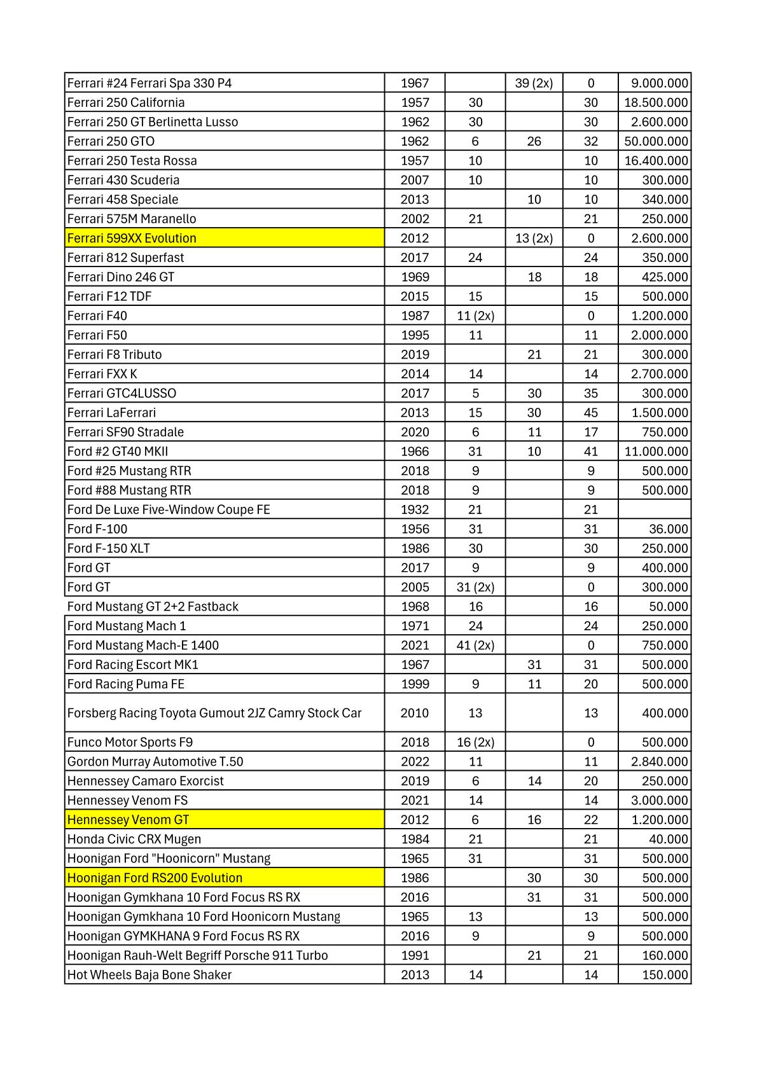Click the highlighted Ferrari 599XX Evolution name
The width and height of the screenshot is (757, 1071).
pyautogui.click(x=132, y=238)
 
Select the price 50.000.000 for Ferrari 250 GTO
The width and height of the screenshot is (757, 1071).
pyautogui.click(x=656, y=141)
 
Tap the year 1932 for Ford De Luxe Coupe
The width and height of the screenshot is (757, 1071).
pyautogui.click(x=415, y=509)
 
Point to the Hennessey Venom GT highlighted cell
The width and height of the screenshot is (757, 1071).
pyautogui.click(x=128, y=820)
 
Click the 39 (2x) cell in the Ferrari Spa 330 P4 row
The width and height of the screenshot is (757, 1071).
pyautogui.click(x=534, y=83)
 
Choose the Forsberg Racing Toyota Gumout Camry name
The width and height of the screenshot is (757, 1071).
pyautogui.click(x=214, y=713)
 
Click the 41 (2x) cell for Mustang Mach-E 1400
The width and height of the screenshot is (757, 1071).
pyautogui.click(x=475, y=646)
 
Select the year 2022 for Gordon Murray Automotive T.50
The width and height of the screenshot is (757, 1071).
pyautogui.click(x=415, y=762)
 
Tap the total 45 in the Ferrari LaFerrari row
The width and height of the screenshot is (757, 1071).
pyautogui.click(x=590, y=413)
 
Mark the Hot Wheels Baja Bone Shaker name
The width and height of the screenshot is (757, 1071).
pyautogui.click(x=149, y=975)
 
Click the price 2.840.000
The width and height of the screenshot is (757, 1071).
pyautogui.click(x=659, y=762)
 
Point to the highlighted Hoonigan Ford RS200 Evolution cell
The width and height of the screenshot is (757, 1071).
pyautogui.click(x=155, y=878)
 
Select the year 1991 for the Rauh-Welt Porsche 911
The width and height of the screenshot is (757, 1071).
pyautogui.click(x=415, y=955)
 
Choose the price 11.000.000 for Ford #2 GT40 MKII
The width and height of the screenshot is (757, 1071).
pyautogui.click(x=656, y=452)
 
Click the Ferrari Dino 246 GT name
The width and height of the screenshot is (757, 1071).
pyautogui.click(x=121, y=277)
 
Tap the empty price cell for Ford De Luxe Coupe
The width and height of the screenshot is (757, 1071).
pyautogui.click(x=654, y=509)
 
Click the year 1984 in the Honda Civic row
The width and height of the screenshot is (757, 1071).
pyautogui.click(x=415, y=840)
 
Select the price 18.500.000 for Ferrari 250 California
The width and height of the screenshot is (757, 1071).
pyautogui.click(x=656, y=102)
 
